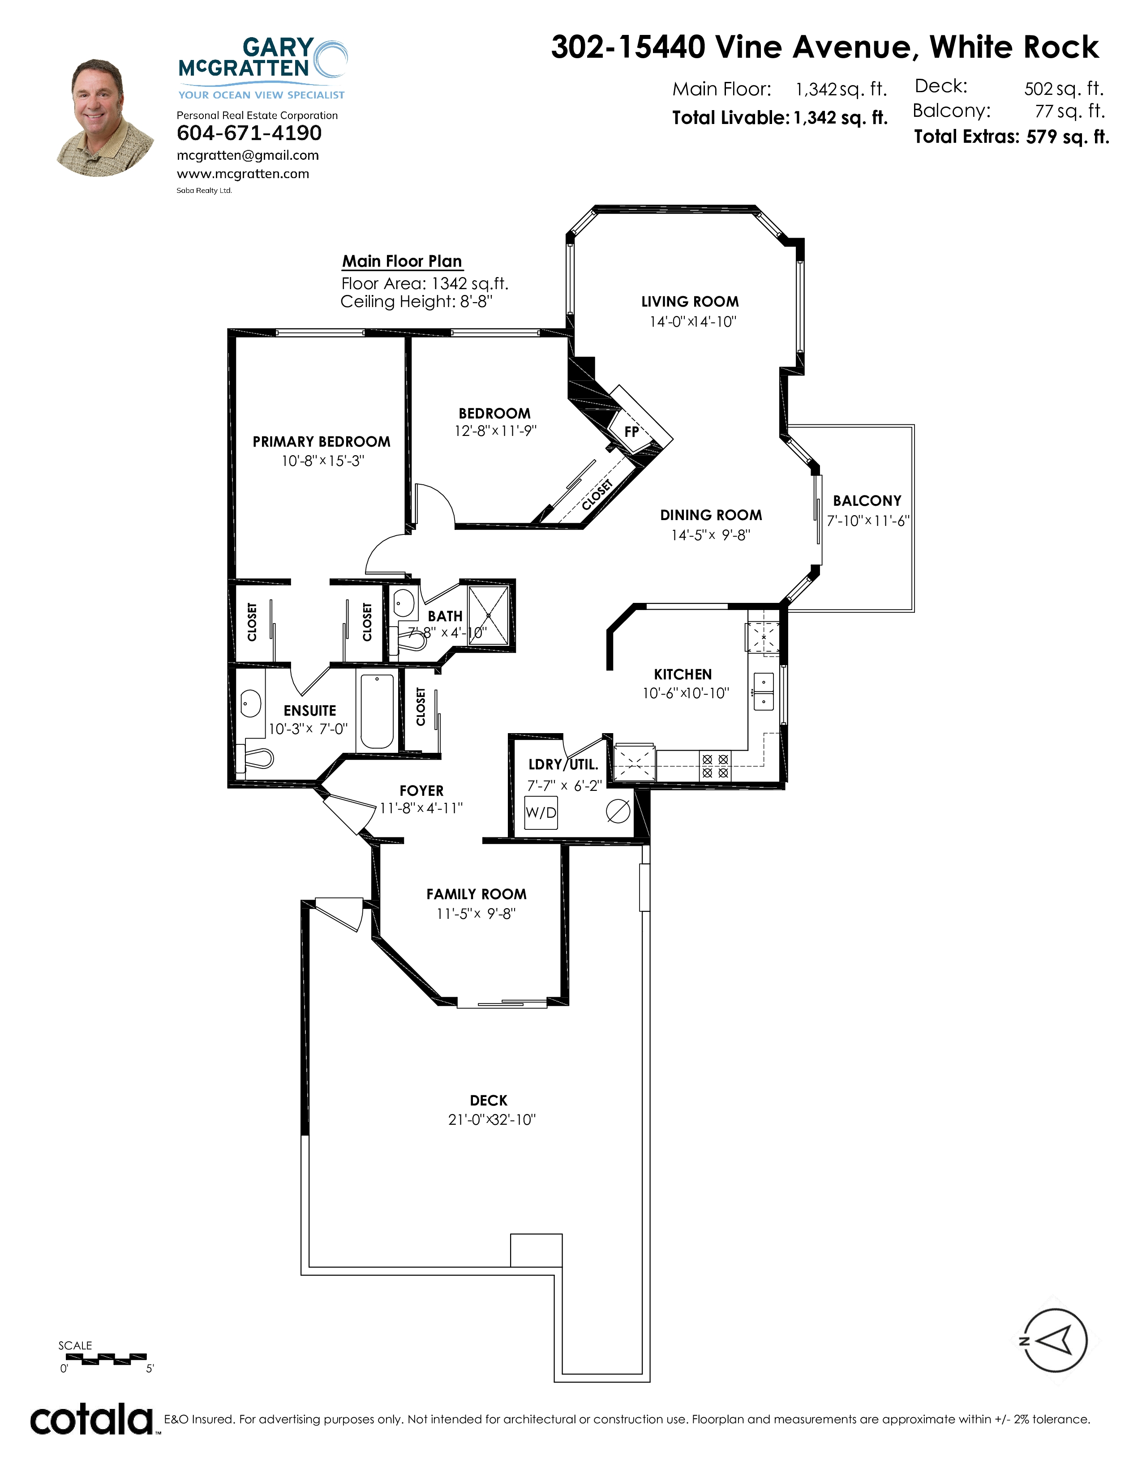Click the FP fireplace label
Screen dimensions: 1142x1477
[631, 431]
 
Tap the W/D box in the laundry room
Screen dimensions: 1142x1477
[541, 812]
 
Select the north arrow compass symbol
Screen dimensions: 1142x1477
[1054, 1340]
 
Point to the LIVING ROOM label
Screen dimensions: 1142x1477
[690, 302]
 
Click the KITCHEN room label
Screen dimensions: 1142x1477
[683, 674]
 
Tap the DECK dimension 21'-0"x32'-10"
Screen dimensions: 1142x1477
[492, 1120]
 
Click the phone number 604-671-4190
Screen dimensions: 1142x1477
[249, 133]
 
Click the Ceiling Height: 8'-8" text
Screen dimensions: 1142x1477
[416, 302]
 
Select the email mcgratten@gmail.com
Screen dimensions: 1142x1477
[248, 156]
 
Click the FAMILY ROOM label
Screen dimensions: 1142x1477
[477, 894]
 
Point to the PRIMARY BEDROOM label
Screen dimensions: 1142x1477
[322, 442]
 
